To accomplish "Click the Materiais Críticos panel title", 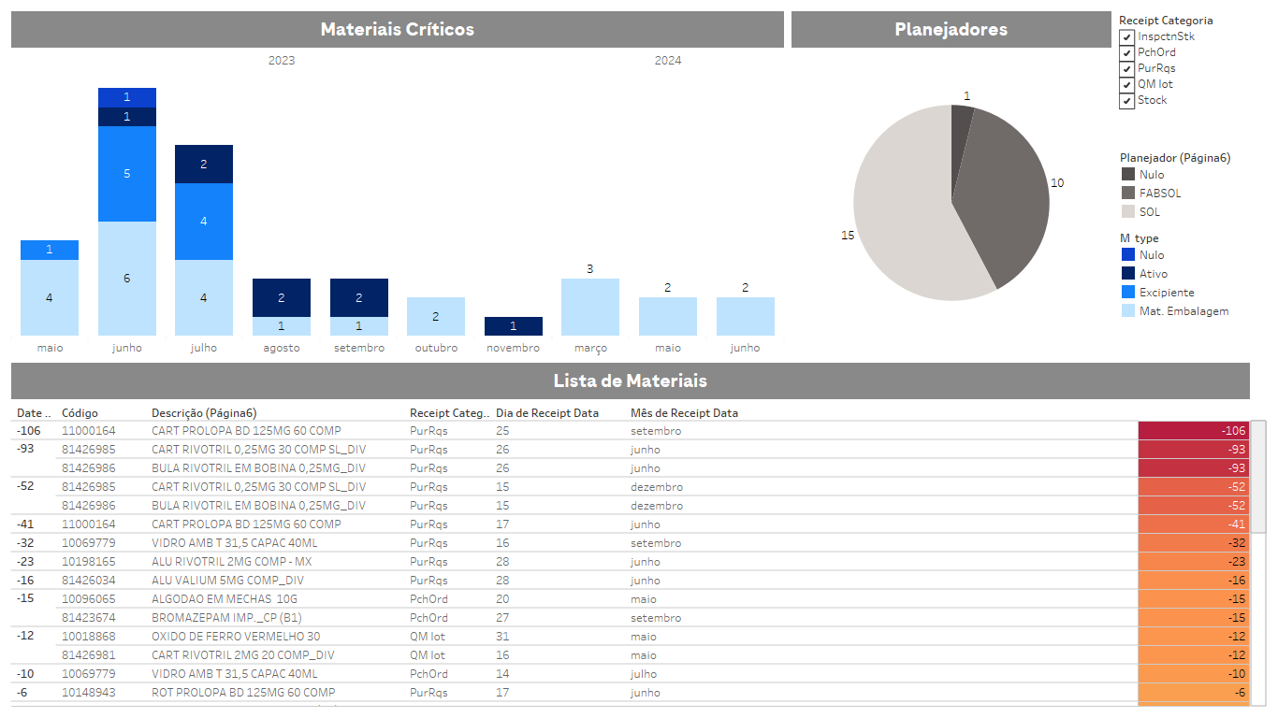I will [x=397, y=29].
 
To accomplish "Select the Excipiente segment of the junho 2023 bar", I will [x=127, y=174].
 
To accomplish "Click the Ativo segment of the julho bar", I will [x=204, y=164].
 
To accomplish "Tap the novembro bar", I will [x=513, y=326].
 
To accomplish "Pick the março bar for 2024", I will [x=589, y=307].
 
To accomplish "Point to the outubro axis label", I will [x=436, y=348].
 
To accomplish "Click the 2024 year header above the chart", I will [x=667, y=61].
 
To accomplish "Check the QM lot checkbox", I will [x=1126, y=85].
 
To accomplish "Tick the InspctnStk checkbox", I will [x=1126, y=37].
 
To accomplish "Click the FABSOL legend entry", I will [x=1159, y=194].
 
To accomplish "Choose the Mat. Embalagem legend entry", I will [x=1183, y=311].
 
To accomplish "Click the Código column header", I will [x=80, y=412].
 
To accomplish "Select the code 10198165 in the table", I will [x=89, y=562].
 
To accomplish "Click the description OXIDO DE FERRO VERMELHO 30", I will [x=236, y=637].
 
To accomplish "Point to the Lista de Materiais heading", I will [x=630, y=381].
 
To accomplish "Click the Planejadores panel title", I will [x=951, y=29].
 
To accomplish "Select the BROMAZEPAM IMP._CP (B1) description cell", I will [x=226, y=618].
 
